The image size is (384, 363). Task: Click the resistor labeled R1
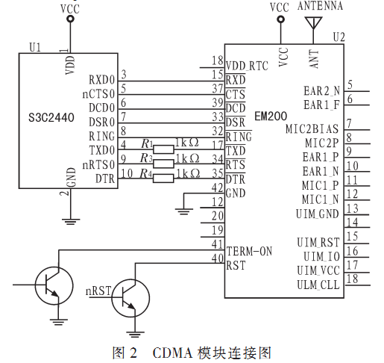pyautogui.click(x=163, y=149)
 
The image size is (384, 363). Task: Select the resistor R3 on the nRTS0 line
pyautogui.click(x=163, y=164)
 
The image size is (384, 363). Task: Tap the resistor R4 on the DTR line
pyautogui.click(x=163, y=179)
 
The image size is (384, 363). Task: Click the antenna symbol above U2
pyautogui.click(x=313, y=23)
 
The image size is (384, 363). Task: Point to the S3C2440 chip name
pyautogui.click(x=51, y=117)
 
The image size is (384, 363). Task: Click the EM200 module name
pyautogui.click(x=271, y=117)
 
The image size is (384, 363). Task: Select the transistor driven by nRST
pyautogui.click(x=130, y=298)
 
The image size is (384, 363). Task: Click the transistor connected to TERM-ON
pyautogui.click(x=54, y=285)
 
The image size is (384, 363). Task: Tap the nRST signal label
pyautogui.click(x=98, y=291)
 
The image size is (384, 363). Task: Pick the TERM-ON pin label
pyautogui.click(x=249, y=251)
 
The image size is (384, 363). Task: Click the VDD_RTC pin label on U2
pyautogui.click(x=247, y=66)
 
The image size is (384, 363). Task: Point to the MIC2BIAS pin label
pyautogui.click(x=312, y=129)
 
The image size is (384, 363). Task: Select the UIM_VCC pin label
pyautogui.click(x=318, y=270)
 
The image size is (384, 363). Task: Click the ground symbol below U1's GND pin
pyautogui.click(x=71, y=222)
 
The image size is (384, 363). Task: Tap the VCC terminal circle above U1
pyautogui.click(x=71, y=19)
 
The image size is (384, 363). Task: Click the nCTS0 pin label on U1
pyautogui.click(x=98, y=94)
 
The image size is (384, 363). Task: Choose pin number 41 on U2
pyautogui.click(x=218, y=244)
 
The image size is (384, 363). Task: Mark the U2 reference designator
pyautogui.click(x=339, y=37)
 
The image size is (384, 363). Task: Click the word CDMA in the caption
pyautogui.click(x=172, y=353)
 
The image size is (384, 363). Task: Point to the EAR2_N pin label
pyautogui.click(x=321, y=91)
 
